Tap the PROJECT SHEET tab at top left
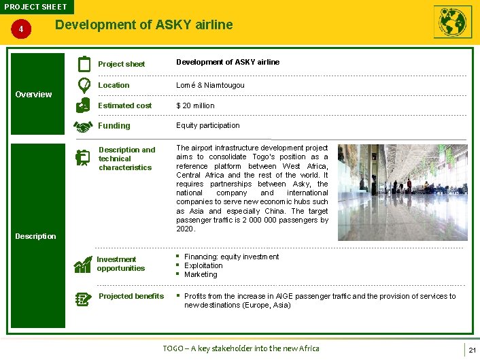35,7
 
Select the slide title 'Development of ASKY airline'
143,25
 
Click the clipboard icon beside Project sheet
84,64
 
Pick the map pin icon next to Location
84,85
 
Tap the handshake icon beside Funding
84,126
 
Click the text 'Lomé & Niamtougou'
210,85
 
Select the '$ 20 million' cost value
195,105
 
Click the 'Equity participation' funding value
208,125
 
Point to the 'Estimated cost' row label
124,105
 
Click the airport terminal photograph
402,192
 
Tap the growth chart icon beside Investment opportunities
83,264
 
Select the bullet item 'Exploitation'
203,265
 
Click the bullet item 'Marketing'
201,274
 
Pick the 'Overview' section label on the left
33,95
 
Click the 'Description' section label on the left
35,236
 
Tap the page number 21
471,350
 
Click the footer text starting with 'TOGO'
241,348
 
